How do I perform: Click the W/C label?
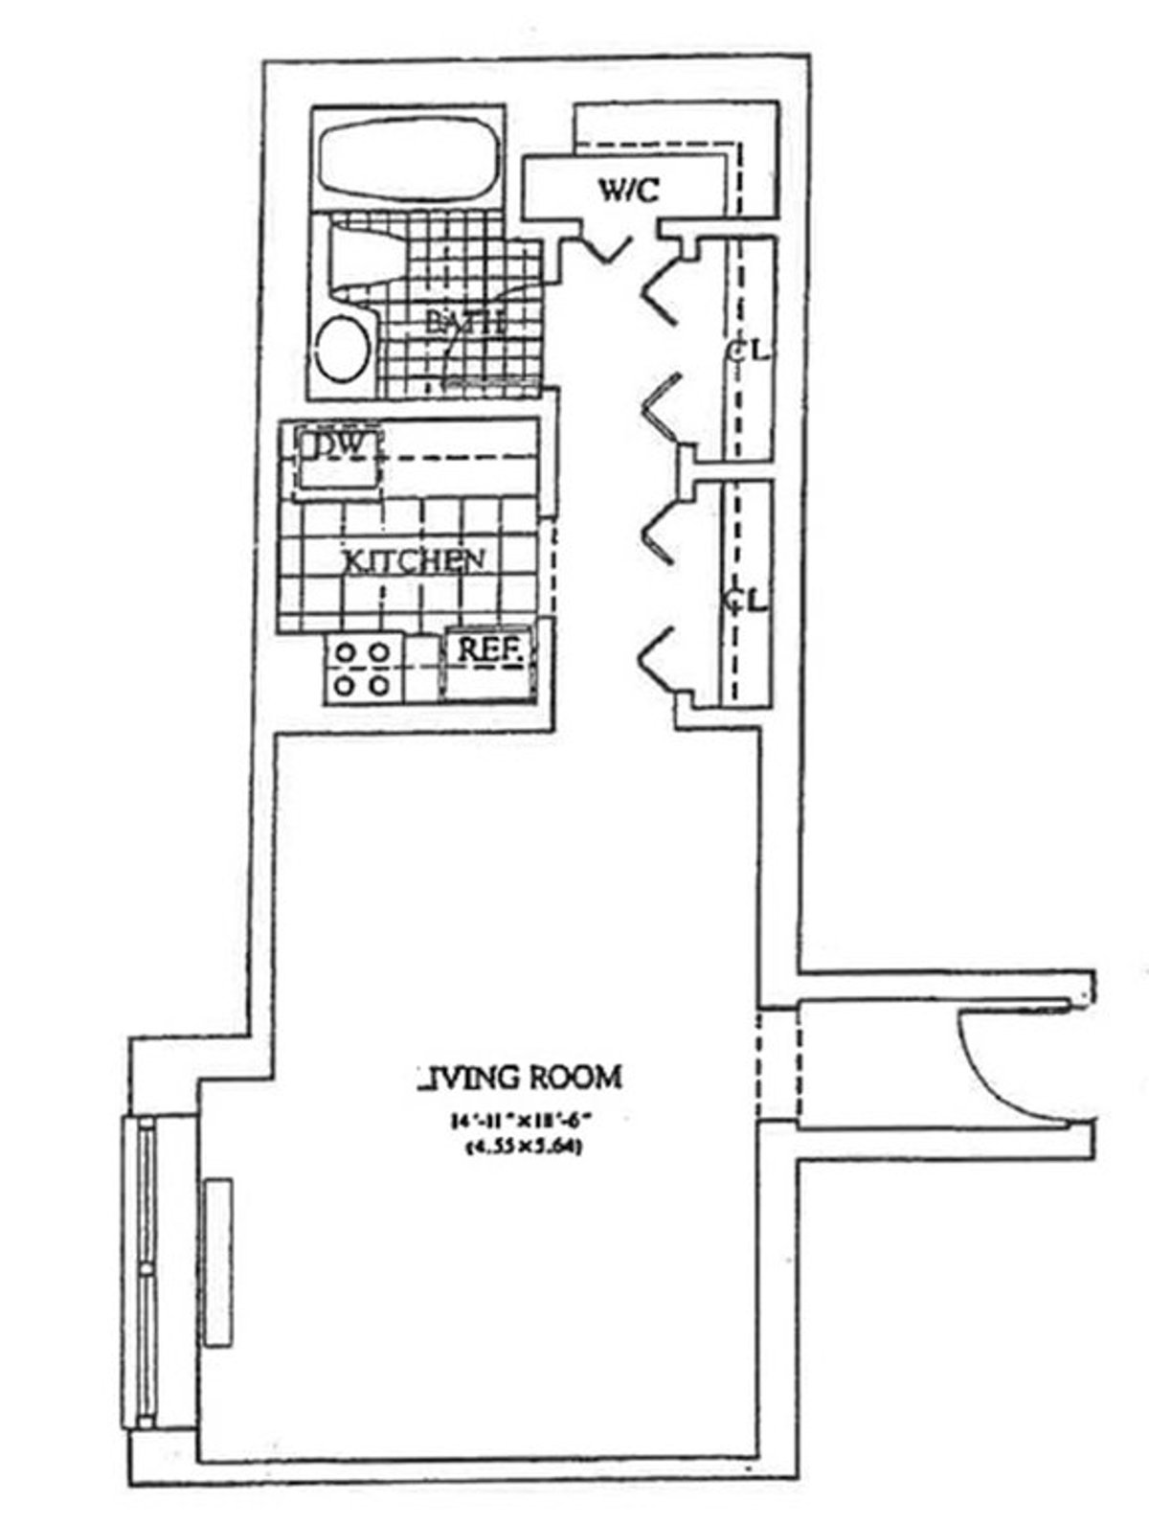click(629, 192)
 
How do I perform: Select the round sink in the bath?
click(340, 351)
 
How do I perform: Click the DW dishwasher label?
click(337, 447)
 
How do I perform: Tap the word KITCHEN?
click(414, 560)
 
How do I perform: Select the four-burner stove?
click(363, 670)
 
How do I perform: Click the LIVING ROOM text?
click(521, 1077)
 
